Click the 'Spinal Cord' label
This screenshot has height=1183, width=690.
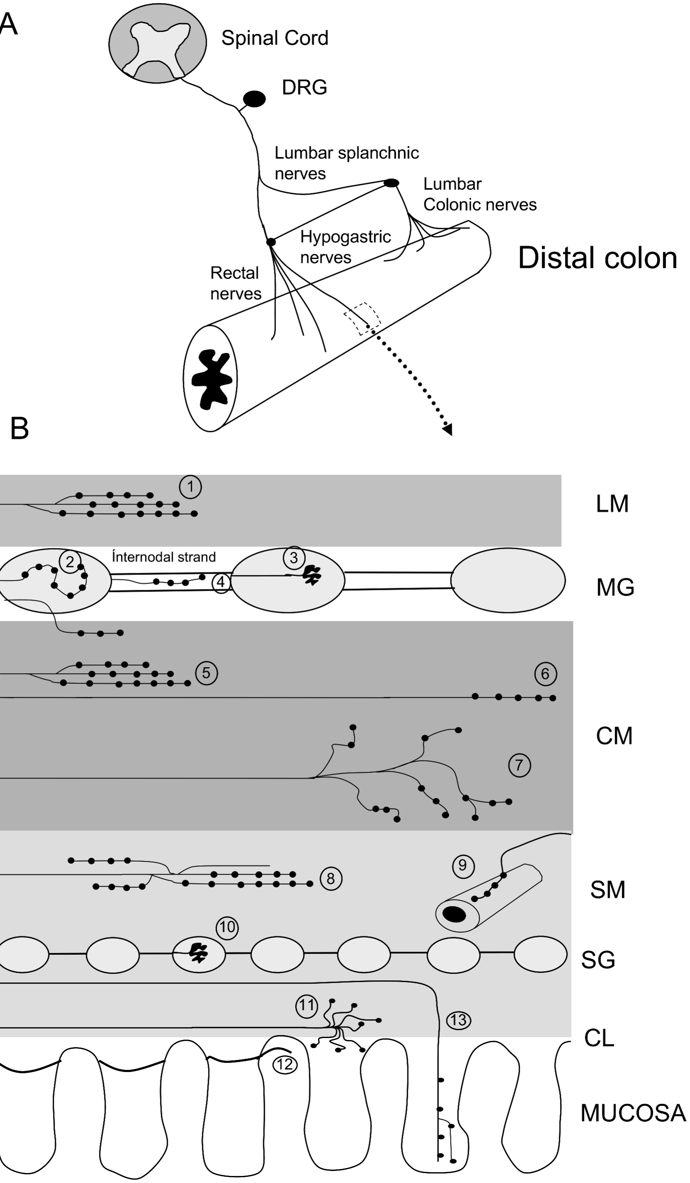click(x=275, y=38)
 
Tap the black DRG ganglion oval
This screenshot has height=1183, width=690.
click(x=254, y=99)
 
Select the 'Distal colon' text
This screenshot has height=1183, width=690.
click(x=598, y=258)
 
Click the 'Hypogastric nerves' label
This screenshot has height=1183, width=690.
click(x=345, y=247)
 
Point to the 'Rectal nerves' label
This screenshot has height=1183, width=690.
click(x=235, y=283)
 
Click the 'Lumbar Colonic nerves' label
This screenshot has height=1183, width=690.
click(x=479, y=194)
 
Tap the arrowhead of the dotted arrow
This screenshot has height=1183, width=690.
click(x=448, y=430)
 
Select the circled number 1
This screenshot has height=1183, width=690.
click(x=190, y=487)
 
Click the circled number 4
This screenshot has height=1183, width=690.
click(x=220, y=582)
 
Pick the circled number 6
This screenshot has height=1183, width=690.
click(x=545, y=674)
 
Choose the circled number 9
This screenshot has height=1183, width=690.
click(x=462, y=865)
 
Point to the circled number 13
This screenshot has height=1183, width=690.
click(x=458, y=1020)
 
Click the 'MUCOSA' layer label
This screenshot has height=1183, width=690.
click(x=633, y=1113)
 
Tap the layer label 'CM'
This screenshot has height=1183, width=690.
click(x=614, y=736)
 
